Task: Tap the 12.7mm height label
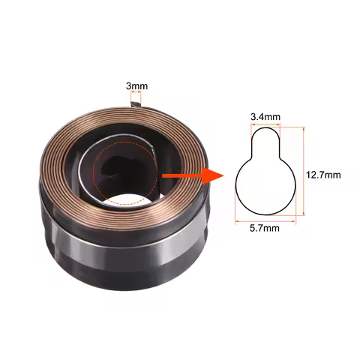(323, 174)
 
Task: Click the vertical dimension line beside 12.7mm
(302, 173)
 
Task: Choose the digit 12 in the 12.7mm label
(313, 174)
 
